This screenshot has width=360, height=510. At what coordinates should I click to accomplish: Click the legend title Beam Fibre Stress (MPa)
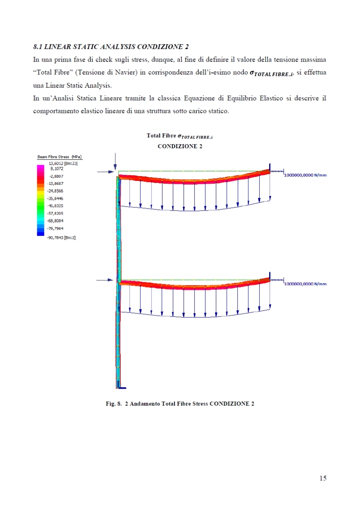click(60, 157)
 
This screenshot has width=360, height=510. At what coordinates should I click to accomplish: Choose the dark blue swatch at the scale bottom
click(40, 233)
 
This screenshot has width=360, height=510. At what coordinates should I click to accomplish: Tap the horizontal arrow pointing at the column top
click(106, 172)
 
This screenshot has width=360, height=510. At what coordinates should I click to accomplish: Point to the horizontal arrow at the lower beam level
click(106, 280)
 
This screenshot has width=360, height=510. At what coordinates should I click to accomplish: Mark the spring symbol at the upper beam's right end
click(277, 171)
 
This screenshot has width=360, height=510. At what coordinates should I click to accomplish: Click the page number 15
click(323, 478)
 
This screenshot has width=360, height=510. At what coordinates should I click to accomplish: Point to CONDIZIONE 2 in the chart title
click(180, 146)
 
